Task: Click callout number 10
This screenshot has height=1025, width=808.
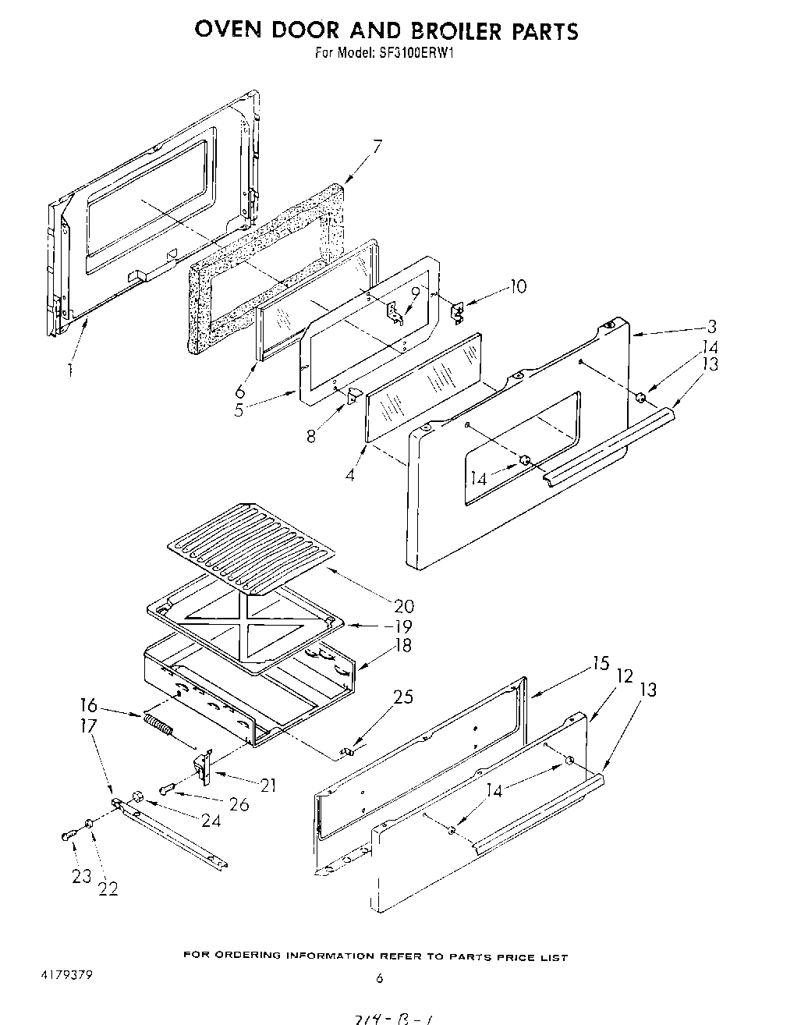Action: (x=517, y=287)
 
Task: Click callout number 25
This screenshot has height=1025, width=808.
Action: (x=403, y=697)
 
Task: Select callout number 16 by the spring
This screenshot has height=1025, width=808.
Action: (x=88, y=706)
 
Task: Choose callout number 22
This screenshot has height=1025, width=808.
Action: (x=108, y=888)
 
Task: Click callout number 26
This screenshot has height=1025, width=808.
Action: (x=239, y=804)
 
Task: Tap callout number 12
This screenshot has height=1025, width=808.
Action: (x=624, y=676)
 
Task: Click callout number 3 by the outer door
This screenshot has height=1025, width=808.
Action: (x=711, y=327)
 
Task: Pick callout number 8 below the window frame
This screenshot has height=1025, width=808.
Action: (x=312, y=435)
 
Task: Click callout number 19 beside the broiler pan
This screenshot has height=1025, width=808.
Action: (x=402, y=626)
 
